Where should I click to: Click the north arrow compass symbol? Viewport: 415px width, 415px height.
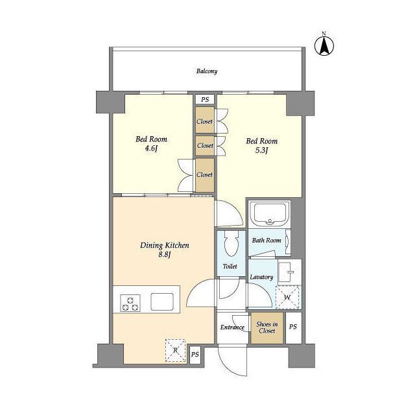[x=324, y=45]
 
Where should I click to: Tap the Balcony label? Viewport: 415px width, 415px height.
[x=207, y=71]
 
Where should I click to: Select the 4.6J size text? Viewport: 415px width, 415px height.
[x=151, y=148]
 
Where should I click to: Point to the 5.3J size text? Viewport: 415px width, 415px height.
[x=262, y=150]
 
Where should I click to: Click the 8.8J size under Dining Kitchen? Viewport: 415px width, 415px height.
[x=165, y=255]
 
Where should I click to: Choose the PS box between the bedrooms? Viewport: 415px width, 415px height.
[x=205, y=99]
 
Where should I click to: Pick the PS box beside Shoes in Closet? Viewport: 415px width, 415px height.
[x=293, y=327]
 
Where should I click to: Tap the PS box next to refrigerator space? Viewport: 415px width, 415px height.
[x=195, y=354]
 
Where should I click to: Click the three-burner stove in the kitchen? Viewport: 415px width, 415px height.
[x=130, y=303]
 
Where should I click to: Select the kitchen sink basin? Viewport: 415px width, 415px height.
[x=162, y=302]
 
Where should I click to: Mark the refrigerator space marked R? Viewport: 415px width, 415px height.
[x=175, y=350]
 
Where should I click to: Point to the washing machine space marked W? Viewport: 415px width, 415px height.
[x=287, y=297]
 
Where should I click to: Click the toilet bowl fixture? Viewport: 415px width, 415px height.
[x=231, y=243]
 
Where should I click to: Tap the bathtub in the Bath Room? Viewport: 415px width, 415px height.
[x=270, y=214]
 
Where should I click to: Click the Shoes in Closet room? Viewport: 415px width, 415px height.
[x=267, y=327]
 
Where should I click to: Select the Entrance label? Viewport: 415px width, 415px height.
[x=232, y=327]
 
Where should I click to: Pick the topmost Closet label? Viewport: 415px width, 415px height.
[x=205, y=121]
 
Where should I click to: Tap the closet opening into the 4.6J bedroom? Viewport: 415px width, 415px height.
[x=205, y=175]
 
